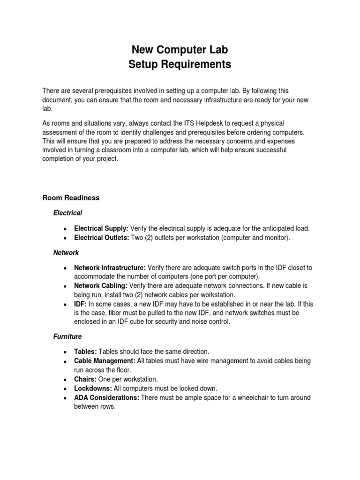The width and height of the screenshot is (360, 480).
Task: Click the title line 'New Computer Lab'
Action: tap(180, 50)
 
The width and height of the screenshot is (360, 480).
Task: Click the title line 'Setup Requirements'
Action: tap(180, 65)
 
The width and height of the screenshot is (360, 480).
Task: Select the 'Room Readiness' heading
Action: tap(71, 198)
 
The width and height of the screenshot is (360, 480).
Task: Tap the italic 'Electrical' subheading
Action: tap(67, 213)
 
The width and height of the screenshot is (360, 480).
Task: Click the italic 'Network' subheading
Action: tap(66, 253)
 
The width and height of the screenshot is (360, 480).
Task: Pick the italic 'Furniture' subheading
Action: tap(67, 337)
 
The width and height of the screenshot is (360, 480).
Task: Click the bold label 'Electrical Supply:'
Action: tap(101, 228)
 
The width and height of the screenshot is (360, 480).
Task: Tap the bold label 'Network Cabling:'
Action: tap(101, 285)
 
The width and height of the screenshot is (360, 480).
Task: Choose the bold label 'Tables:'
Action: tap(85, 352)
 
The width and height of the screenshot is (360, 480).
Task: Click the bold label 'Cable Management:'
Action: tap(105, 361)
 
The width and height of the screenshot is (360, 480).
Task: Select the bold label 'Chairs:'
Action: tap(85, 379)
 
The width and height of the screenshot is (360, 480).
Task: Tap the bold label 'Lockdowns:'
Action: tap(92, 388)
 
